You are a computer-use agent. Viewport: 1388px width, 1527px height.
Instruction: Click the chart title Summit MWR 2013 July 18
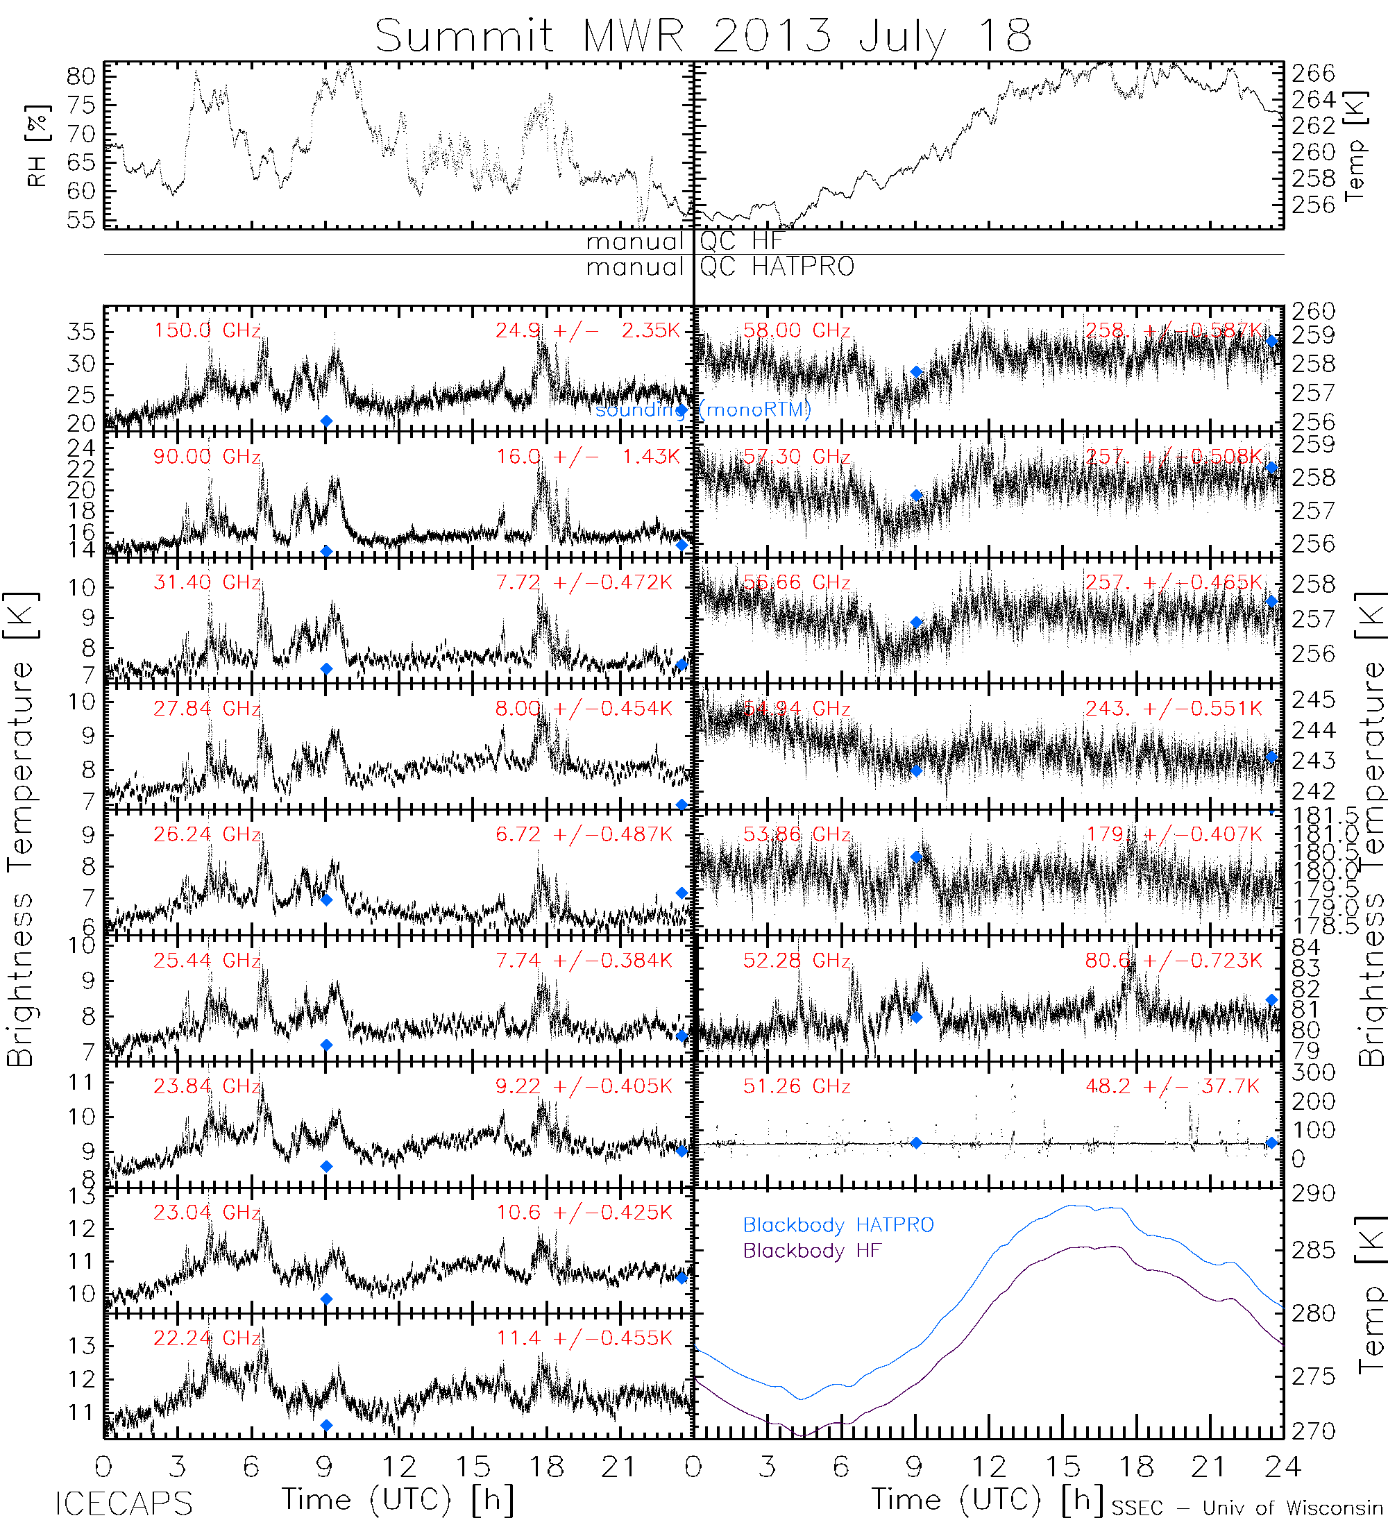coord(703,35)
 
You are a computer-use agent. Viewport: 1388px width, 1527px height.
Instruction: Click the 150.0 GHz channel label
coord(207,331)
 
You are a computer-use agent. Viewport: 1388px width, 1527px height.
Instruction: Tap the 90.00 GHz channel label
coord(207,457)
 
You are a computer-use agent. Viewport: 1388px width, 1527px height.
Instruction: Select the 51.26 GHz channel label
coord(797,1087)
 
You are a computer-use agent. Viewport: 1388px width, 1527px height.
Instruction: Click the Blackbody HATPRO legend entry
coord(838,1225)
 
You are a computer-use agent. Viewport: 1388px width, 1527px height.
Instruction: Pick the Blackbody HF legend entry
coord(812,1251)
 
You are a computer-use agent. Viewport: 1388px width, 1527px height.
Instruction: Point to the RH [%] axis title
coord(36,146)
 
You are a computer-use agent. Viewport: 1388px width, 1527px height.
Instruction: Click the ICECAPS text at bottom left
coord(124,1504)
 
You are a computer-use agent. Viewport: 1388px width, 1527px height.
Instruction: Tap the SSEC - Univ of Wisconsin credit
coord(1247,1508)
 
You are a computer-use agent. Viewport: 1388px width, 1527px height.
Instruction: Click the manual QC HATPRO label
coord(720,267)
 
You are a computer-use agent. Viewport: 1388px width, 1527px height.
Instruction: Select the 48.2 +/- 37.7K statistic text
coord(1173,1087)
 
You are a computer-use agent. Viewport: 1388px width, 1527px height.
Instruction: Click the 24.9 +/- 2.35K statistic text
coord(588,331)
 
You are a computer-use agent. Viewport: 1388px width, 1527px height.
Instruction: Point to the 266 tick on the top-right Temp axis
coord(1314,74)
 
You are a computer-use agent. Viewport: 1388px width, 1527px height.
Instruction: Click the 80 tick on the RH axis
coord(81,76)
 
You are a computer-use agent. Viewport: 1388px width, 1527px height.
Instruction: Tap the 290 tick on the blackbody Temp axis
coord(1314,1195)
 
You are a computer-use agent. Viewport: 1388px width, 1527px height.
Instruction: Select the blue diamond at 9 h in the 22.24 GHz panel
coord(326,1426)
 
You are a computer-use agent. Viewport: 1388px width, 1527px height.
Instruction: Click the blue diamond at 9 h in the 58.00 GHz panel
coord(916,372)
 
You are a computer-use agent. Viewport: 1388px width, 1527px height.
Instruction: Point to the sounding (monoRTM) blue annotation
coord(703,410)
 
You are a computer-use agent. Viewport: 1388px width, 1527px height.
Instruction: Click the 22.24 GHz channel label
coord(207,1338)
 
